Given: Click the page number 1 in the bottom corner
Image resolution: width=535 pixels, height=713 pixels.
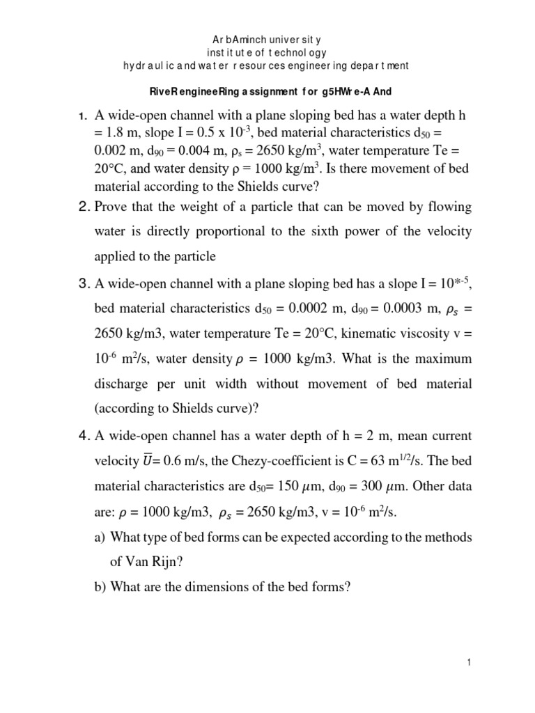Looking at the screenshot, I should pyautogui.click(x=471, y=664).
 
